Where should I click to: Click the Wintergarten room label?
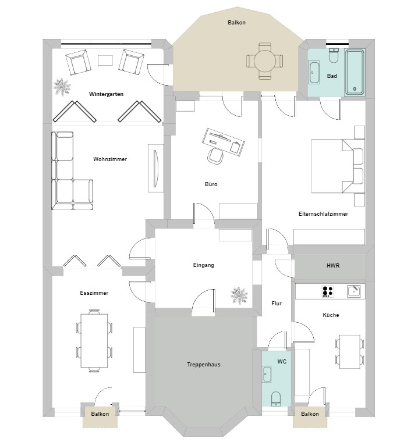tap(106, 94)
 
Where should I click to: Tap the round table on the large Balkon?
tap(265, 60)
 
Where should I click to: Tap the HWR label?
tap(332, 266)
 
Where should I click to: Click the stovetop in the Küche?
tap(328, 291)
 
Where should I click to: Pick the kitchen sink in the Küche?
tap(353, 290)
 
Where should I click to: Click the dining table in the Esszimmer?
tap(94, 341)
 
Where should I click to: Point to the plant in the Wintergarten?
tap(62, 87)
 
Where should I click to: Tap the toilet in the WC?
tap(276, 398)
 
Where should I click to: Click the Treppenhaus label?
tap(203, 365)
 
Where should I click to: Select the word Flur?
tap(277, 304)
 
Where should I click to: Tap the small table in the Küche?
tap(349, 352)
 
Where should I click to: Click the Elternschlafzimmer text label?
tap(323, 214)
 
